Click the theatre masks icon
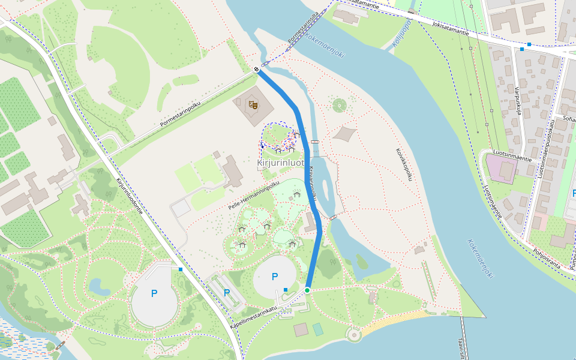[x=253, y=104]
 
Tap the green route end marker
[x=307, y=290]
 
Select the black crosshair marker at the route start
[x=256, y=69]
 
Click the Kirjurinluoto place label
[x=280, y=163]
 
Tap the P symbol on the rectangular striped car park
[x=227, y=292]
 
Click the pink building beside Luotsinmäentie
[x=502, y=169]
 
